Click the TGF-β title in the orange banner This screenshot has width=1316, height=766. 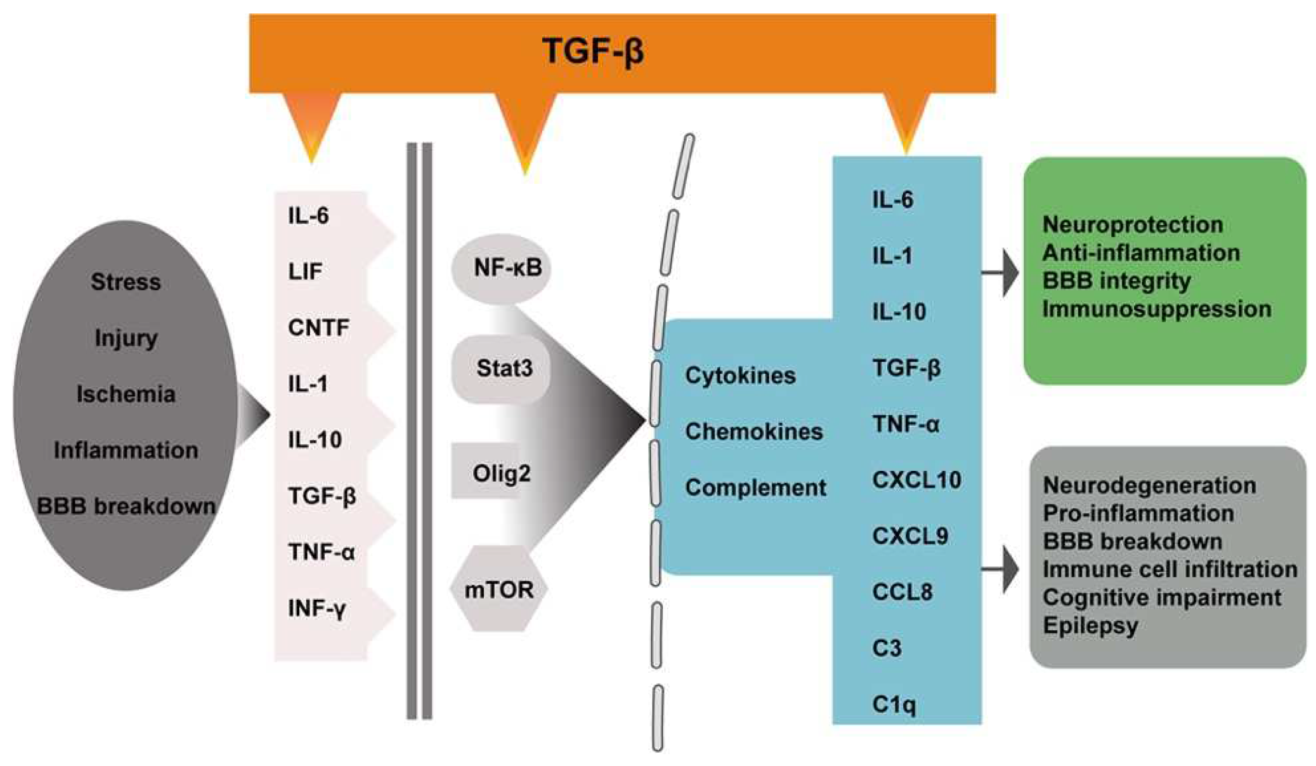[x=593, y=51]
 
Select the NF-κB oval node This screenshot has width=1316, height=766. [x=501, y=268]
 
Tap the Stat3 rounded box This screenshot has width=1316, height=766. [x=501, y=369]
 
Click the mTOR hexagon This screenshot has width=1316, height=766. [x=499, y=590]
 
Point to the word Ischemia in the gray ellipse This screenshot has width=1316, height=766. [x=125, y=394]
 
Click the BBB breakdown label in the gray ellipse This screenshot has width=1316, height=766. [x=126, y=506]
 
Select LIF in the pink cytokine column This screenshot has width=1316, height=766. [x=306, y=271]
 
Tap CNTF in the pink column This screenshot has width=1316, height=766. [x=319, y=328]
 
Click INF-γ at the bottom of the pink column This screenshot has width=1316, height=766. [x=316, y=609]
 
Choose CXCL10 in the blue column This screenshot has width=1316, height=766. [x=917, y=480]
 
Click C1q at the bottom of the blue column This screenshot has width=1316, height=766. [x=893, y=704]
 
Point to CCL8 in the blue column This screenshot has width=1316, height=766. [x=902, y=592]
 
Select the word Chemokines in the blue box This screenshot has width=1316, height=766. [x=754, y=431]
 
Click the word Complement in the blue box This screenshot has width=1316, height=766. [x=755, y=487]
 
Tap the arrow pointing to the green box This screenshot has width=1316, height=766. [x=1003, y=272]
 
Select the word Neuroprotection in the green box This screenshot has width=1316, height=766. [x=1132, y=225]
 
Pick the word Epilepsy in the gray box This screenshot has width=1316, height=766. [x=1090, y=626]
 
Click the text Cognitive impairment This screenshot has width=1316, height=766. [x=1162, y=597]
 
